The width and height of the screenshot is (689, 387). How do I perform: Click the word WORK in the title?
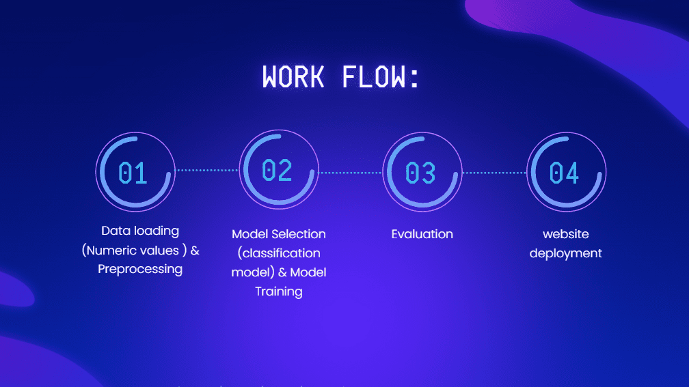tap(293, 76)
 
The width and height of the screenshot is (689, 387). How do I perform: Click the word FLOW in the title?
tap(373, 76)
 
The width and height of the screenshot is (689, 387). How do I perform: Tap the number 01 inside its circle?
tap(133, 173)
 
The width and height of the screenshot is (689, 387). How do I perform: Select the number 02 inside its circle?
tap(277, 170)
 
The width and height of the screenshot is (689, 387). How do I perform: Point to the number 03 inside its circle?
tap(420, 173)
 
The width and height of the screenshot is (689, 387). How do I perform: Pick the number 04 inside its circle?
tap(564, 173)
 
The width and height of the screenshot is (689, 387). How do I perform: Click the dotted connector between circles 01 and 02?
tap(207, 170)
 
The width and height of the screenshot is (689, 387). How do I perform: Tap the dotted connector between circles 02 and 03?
tap(351, 173)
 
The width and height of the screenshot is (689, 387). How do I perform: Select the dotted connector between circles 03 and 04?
tap(494, 173)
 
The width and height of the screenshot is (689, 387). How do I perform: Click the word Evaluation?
tap(422, 234)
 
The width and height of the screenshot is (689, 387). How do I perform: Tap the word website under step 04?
tap(565, 234)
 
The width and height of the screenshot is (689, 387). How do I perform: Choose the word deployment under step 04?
tap(565, 254)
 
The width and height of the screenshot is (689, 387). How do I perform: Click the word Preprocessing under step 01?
tap(140, 269)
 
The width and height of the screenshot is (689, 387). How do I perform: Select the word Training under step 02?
tap(279, 292)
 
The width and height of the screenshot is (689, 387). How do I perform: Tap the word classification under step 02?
tap(281, 253)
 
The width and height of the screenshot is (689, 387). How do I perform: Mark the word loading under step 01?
tap(157, 231)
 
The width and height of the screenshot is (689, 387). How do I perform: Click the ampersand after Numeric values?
tap(195, 250)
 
